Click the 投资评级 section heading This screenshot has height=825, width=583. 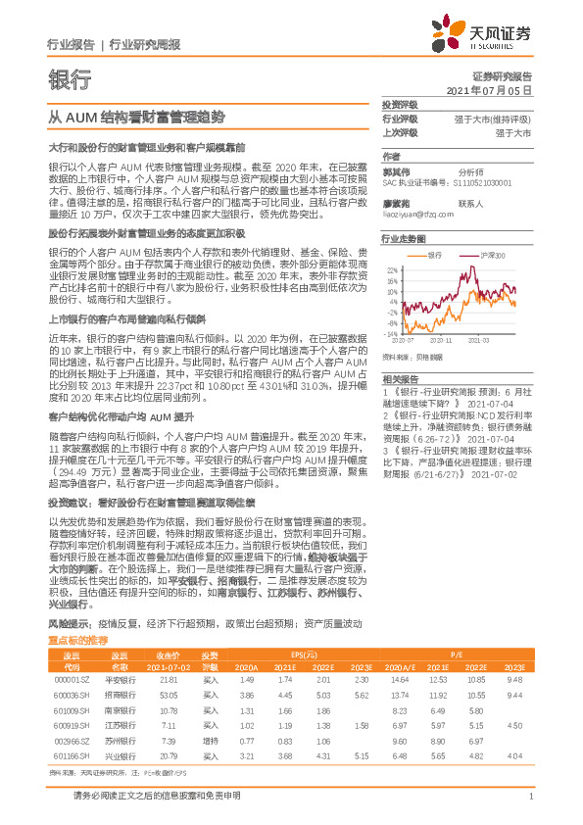400,103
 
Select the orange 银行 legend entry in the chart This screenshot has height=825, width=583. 437,254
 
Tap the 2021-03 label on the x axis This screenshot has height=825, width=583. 480,341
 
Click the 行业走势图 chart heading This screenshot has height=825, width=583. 403,238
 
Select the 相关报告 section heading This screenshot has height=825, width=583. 400,378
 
